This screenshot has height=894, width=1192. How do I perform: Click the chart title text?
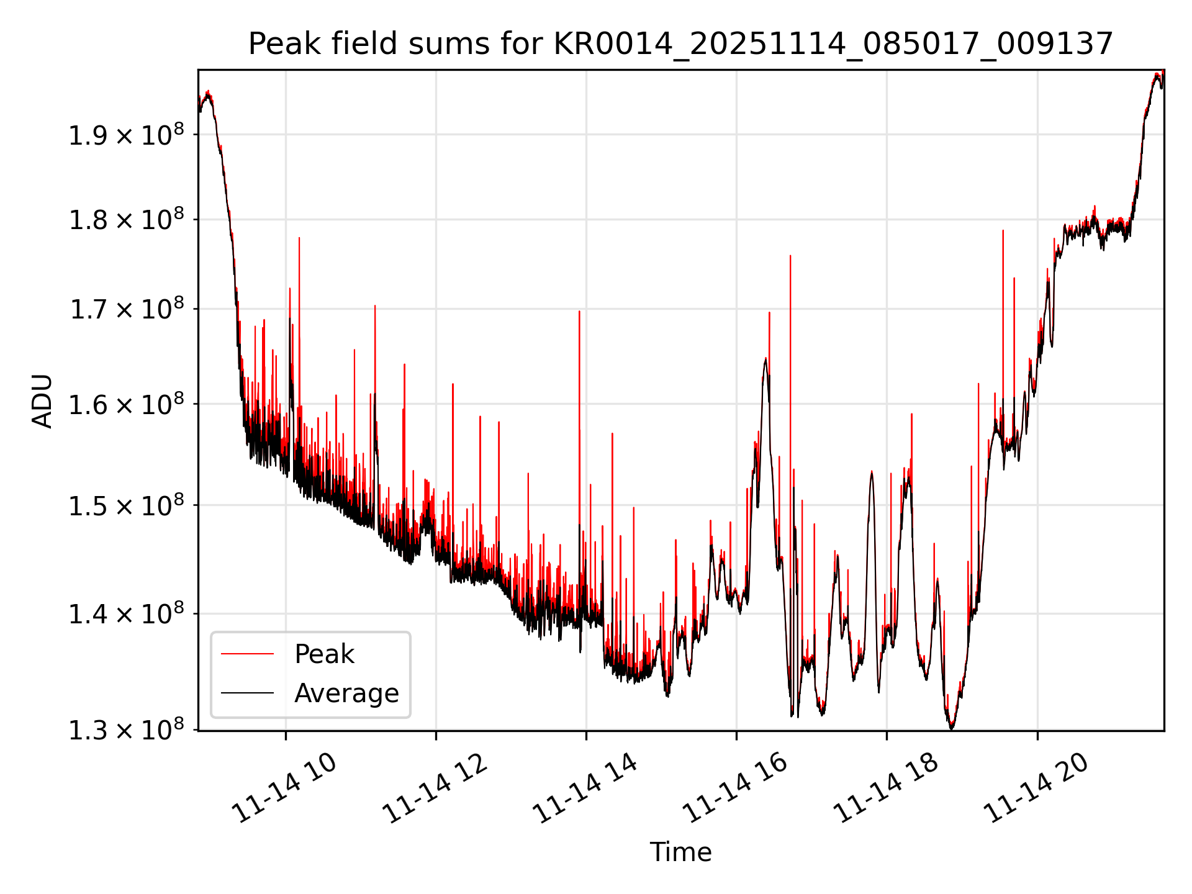click(x=680, y=44)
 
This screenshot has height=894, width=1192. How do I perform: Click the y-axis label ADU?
click(x=42, y=401)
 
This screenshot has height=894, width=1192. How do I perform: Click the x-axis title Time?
click(x=680, y=852)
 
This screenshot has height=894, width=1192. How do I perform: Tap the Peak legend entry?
click(x=324, y=654)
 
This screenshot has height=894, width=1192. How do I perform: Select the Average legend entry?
click(x=346, y=693)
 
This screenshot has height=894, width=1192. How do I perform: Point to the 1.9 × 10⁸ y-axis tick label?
click(x=126, y=135)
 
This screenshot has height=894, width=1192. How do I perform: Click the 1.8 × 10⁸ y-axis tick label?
click(x=126, y=220)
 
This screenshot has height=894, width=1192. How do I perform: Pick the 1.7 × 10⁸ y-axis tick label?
click(x=126, y=310)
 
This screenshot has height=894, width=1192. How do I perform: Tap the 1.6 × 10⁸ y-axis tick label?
click(x=126, y=405)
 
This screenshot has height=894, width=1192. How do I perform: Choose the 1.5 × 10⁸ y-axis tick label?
click(x=126, y=506)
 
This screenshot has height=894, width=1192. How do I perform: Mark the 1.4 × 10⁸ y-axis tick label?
click(x=126, y=615)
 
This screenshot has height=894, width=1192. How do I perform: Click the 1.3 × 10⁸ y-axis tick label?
click(x=126, y=731)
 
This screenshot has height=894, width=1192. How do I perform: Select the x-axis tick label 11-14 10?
click(x=284, y=788)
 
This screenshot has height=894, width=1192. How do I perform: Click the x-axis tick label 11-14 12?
click(x=435, y=788)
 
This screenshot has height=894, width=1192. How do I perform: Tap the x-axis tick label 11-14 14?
click(x=585, y=788)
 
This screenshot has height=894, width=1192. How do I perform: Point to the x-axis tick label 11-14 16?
click(x=735, y=788)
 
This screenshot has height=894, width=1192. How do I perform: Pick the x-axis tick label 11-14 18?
click(x=885, y=788)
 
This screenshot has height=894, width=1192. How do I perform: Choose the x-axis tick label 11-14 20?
click(x=1036, y=788)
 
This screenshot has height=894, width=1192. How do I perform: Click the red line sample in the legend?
click(x=247, y=654)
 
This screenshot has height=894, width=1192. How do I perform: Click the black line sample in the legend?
click(x=247, y=693)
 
